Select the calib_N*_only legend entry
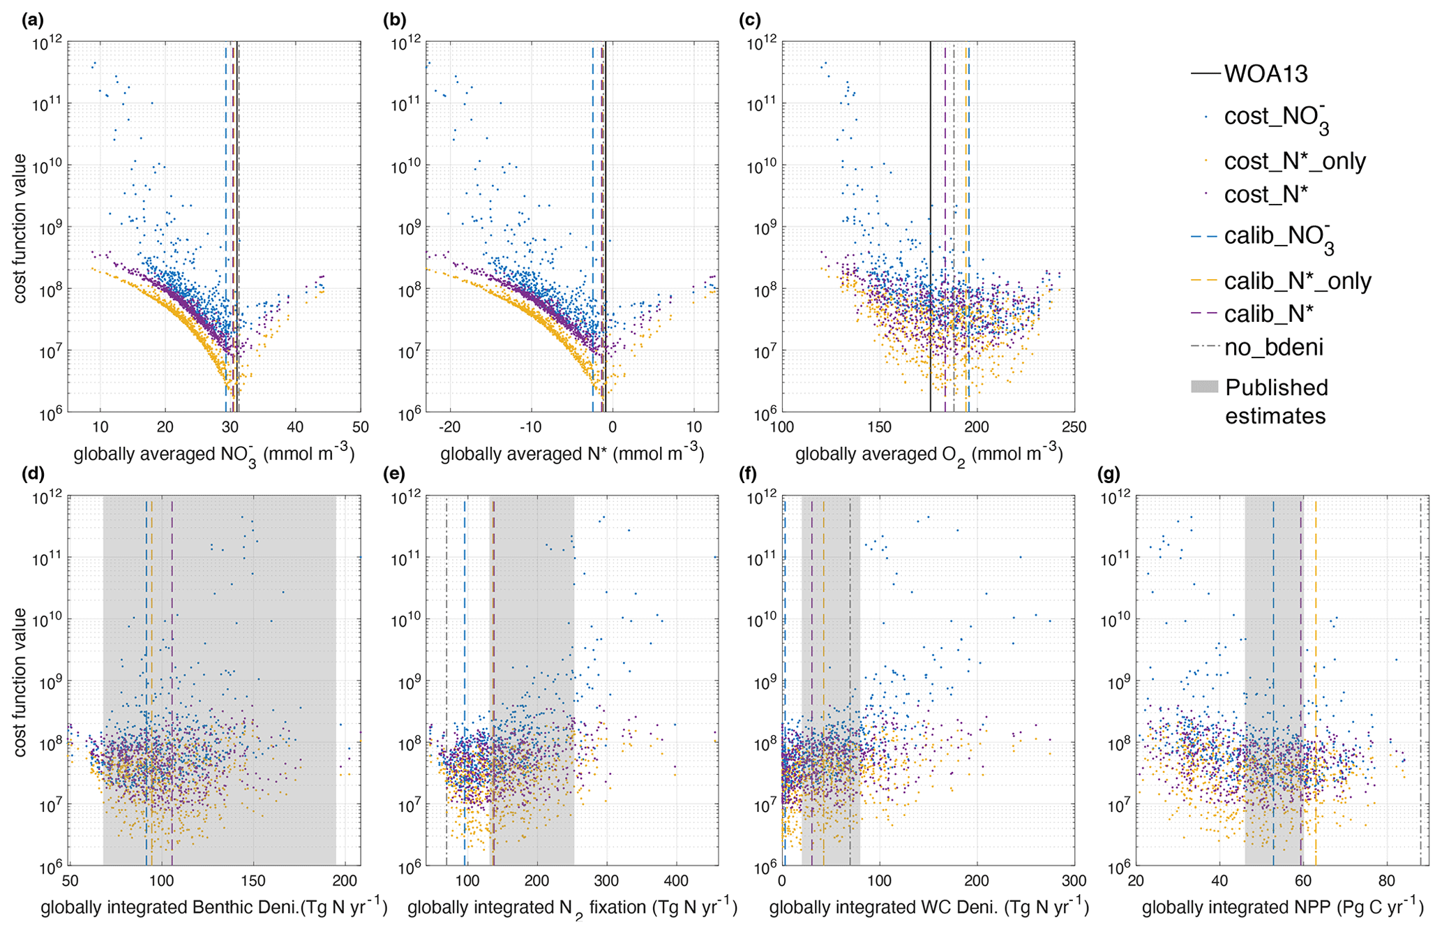pyautogui.click(x=1298, y=281)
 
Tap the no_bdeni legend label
pyautogui.click(x=1274, y=347)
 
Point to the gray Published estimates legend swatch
pyautogui.click(x=1204, y=387)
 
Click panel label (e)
pyautogui.click(x=394, y=475)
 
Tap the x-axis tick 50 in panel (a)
pyautogui.click(x=360, y=427)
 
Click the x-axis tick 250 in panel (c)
pyautogui.click(x=1074, y=427)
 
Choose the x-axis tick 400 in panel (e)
pyautogui.click(x=676, y=882)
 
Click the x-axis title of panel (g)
pyautogui.click(x=1282, y=907)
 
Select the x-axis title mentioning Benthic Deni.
pyautogui.click(x=213, y=907)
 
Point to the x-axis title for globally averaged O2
pyautogui.click(x=929, y=455)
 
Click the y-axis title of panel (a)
pyautogui.click(x=20, y=228)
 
